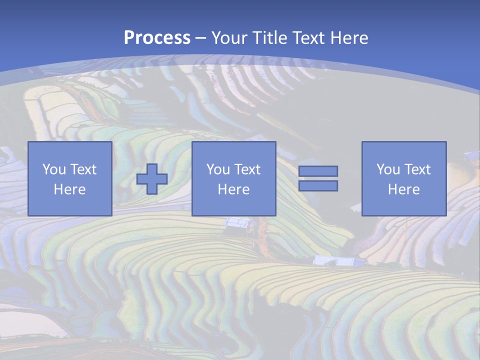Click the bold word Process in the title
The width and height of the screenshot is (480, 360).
[157, 38]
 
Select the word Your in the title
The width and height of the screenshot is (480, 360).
[230, 38]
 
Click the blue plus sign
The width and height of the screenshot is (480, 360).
[152, 179]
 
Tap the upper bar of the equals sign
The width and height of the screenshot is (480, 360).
[318, 171]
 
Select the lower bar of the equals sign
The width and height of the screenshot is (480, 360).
[318, 185]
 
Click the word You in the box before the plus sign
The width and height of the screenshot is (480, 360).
[53, 169]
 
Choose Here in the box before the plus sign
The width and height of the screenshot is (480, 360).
[69, 189]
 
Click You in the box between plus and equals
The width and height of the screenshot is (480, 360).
[218, 169]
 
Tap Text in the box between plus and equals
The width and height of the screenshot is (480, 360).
[247, 169]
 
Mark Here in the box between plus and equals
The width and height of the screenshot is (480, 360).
[233, 189]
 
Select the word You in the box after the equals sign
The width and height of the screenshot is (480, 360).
[388, 169]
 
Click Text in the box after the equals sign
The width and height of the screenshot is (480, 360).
[417, 169]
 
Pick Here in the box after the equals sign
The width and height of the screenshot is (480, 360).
[403, 189]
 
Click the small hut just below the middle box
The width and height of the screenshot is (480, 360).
[238, 223]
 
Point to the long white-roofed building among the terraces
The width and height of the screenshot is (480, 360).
[332, 260]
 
